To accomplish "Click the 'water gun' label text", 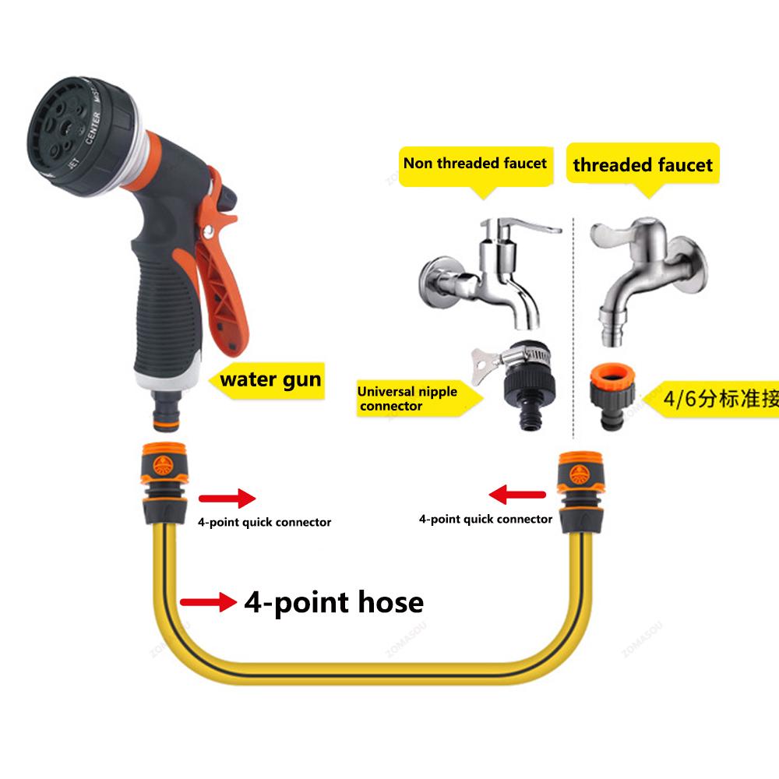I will tap(270, 380).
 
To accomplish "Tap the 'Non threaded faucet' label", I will tap(474, 164).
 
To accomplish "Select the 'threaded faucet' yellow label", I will tap(643, 165).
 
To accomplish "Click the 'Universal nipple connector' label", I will tap(407, 398).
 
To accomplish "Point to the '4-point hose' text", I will tap(333, 602).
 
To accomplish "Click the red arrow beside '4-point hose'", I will tap(207, 601).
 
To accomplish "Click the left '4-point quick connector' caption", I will tap(263, 522).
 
